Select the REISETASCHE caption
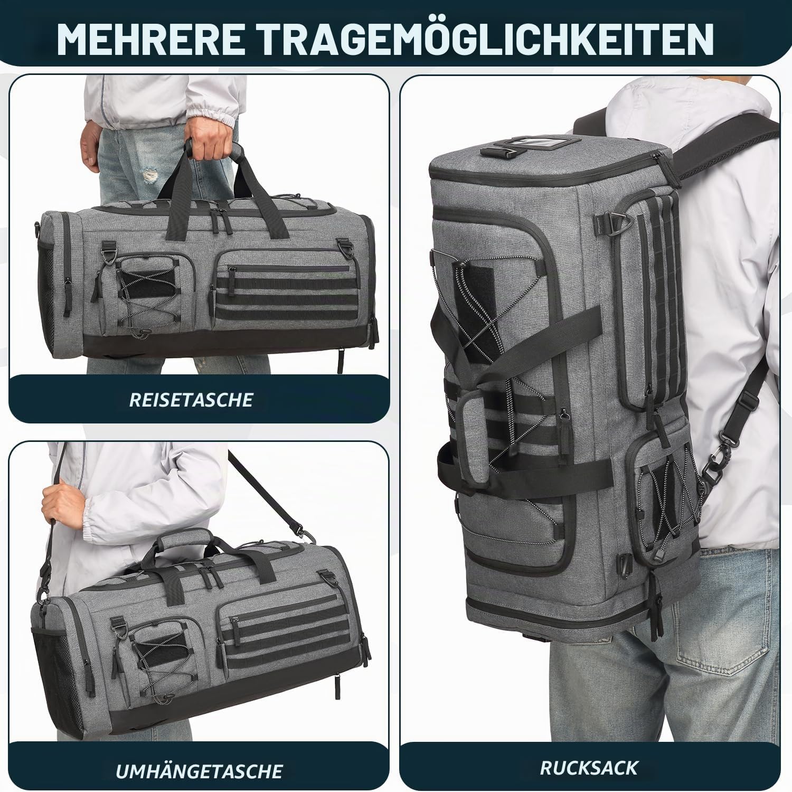pos(191,400)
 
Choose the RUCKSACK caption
pos(589,767)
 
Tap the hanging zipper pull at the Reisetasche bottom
pos(342,361)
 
